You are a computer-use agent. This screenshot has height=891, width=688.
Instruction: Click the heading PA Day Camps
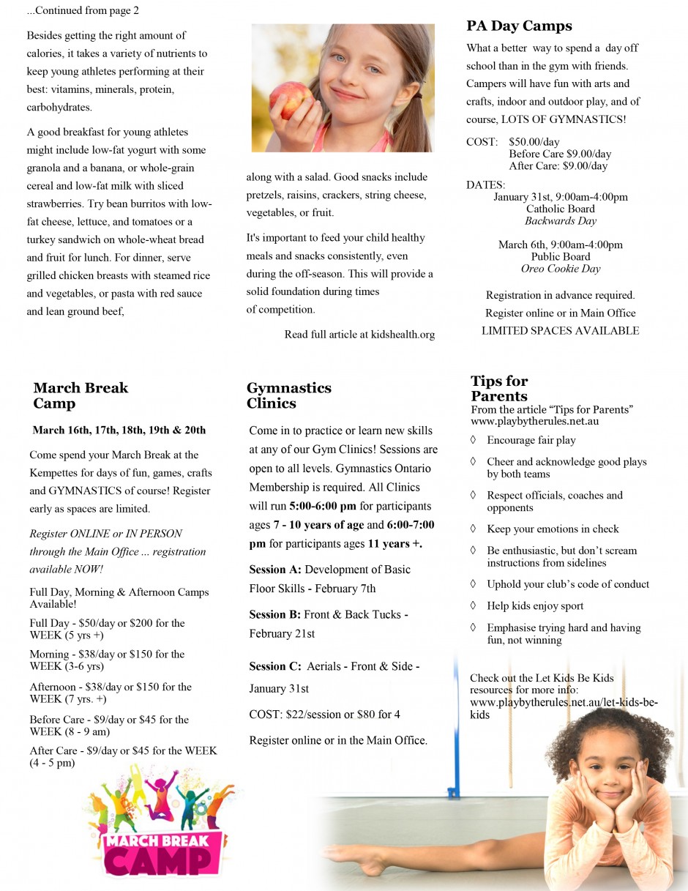click(519, 26)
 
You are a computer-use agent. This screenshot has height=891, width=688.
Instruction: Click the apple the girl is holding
click(286, 99)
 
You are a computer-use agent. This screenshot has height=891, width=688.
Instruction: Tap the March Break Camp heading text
click(81, 395)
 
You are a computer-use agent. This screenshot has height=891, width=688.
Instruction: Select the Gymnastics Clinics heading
click(288, 395)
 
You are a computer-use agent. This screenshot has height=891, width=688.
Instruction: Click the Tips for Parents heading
click(499, 388)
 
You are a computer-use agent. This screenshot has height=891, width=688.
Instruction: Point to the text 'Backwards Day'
click(561, 221)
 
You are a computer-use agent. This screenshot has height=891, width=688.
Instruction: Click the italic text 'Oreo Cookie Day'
click(561, 269)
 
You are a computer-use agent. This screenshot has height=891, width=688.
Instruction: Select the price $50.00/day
click(534, 142)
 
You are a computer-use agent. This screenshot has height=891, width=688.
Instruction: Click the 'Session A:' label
click(275, 570)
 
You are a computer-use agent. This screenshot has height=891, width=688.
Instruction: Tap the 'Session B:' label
click(275, 614)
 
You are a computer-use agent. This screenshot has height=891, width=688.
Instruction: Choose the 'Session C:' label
click(275, 666)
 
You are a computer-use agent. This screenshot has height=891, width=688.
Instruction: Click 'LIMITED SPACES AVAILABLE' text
click(560, 331)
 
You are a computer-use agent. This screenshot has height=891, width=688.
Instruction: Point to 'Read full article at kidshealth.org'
click(359, 335)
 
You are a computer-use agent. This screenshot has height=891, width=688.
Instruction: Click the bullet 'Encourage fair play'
click(531, 440)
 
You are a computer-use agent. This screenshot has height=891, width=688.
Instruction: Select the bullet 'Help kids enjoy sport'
click(535, 605)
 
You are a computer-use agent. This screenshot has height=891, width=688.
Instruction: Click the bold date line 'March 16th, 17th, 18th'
click(119, 430)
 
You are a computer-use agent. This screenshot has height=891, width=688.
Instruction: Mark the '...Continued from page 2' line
click(83, 11)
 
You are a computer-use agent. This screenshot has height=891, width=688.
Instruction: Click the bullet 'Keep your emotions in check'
click(553, 529)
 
